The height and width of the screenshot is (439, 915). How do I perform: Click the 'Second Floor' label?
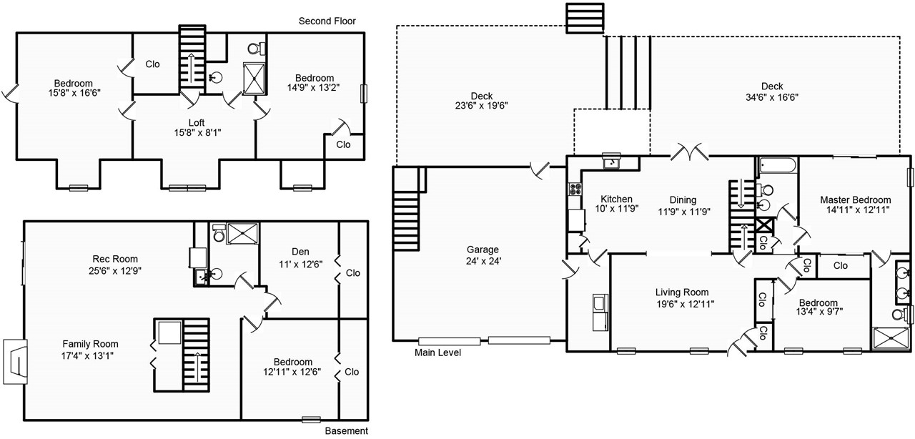click(x=327, y=21)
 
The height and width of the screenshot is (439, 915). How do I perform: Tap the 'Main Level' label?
click(x=437, y=352)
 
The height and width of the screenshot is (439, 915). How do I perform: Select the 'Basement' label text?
click(x=347, y=430)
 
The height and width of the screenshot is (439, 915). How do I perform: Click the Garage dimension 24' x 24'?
click(x=483, y=261)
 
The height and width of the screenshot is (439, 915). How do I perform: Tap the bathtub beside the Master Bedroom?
click(x=776, y=167)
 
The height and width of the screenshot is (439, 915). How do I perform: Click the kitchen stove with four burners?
click(x=575, y=189)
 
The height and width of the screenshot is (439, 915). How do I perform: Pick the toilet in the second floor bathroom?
click(x=254, y=49)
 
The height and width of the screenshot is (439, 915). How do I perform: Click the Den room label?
click(x=300, y=251)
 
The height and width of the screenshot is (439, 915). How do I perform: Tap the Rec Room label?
click(x=115, y=259)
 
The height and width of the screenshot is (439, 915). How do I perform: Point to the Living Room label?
click(x=682, y=292)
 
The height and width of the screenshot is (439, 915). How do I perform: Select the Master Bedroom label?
click(x=855, y=199)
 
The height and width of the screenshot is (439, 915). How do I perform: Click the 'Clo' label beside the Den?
click(x=352, y=273)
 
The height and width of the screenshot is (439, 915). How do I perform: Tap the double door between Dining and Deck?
click(x=688, y=152)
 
